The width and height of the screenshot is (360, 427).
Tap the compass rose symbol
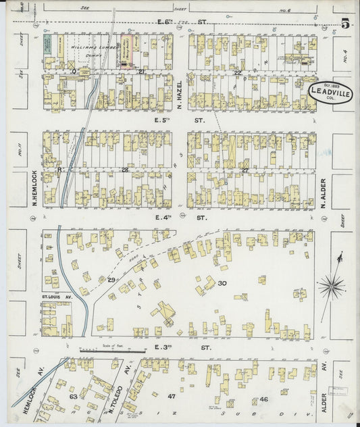click(x=331, y=287)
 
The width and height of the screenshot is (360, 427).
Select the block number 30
click(x=222, y=283)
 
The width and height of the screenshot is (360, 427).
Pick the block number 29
click(x=111, y=279)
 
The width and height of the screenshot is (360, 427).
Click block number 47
click(x=172, y=396)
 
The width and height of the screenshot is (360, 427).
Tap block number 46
click(x=264, y=400)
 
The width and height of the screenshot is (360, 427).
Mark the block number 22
click(x=237, y=72)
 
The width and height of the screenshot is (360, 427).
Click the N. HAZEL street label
click(x=180, y=94)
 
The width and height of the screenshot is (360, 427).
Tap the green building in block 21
click(x=48, y=45)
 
